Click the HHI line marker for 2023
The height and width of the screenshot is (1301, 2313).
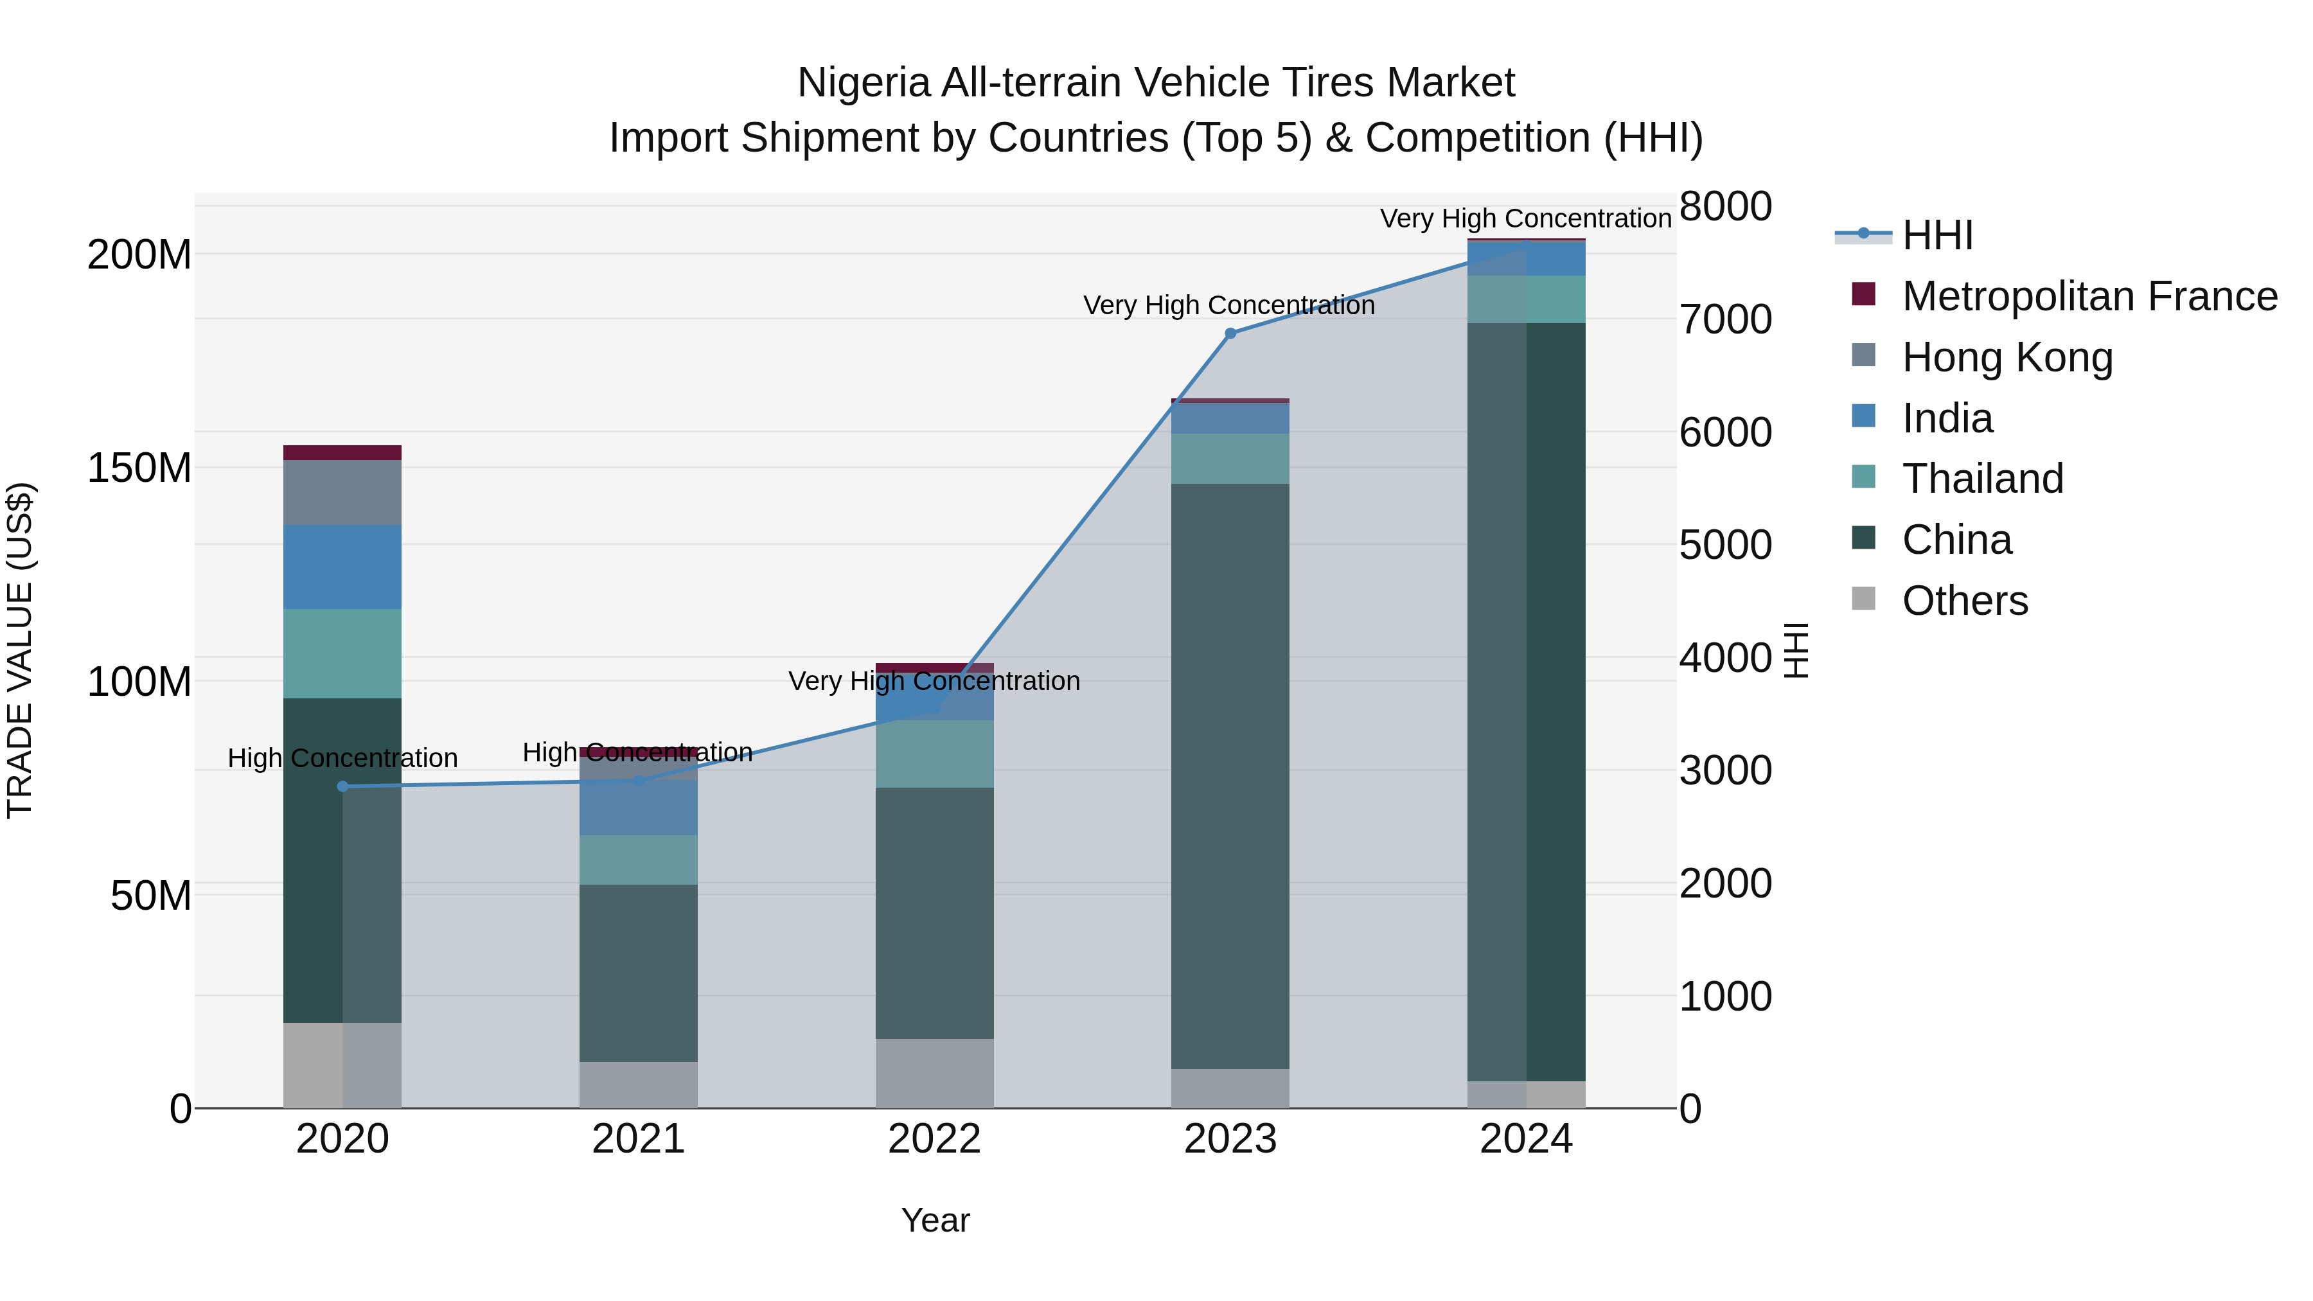pos(1230,333)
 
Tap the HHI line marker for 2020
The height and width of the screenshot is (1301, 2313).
pos(342,786)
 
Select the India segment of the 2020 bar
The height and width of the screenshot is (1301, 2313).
pos(342,567)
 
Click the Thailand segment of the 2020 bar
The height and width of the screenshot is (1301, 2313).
pos(342,653)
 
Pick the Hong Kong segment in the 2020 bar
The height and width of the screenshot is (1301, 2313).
pos(342,492)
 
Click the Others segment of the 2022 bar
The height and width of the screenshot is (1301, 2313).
pos(935,1073)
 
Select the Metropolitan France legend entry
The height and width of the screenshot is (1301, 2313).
pos(2089,296)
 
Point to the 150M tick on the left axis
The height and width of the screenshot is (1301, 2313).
pos(139,468)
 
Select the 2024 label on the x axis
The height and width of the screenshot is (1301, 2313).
pos(1525,1139)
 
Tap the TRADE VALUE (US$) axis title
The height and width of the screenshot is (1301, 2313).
pos(20,650)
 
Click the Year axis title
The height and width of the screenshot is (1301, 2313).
pos(935,1220)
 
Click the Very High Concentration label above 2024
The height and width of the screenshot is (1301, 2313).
pos(1525,218)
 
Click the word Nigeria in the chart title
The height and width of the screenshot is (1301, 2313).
pos(864,83)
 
